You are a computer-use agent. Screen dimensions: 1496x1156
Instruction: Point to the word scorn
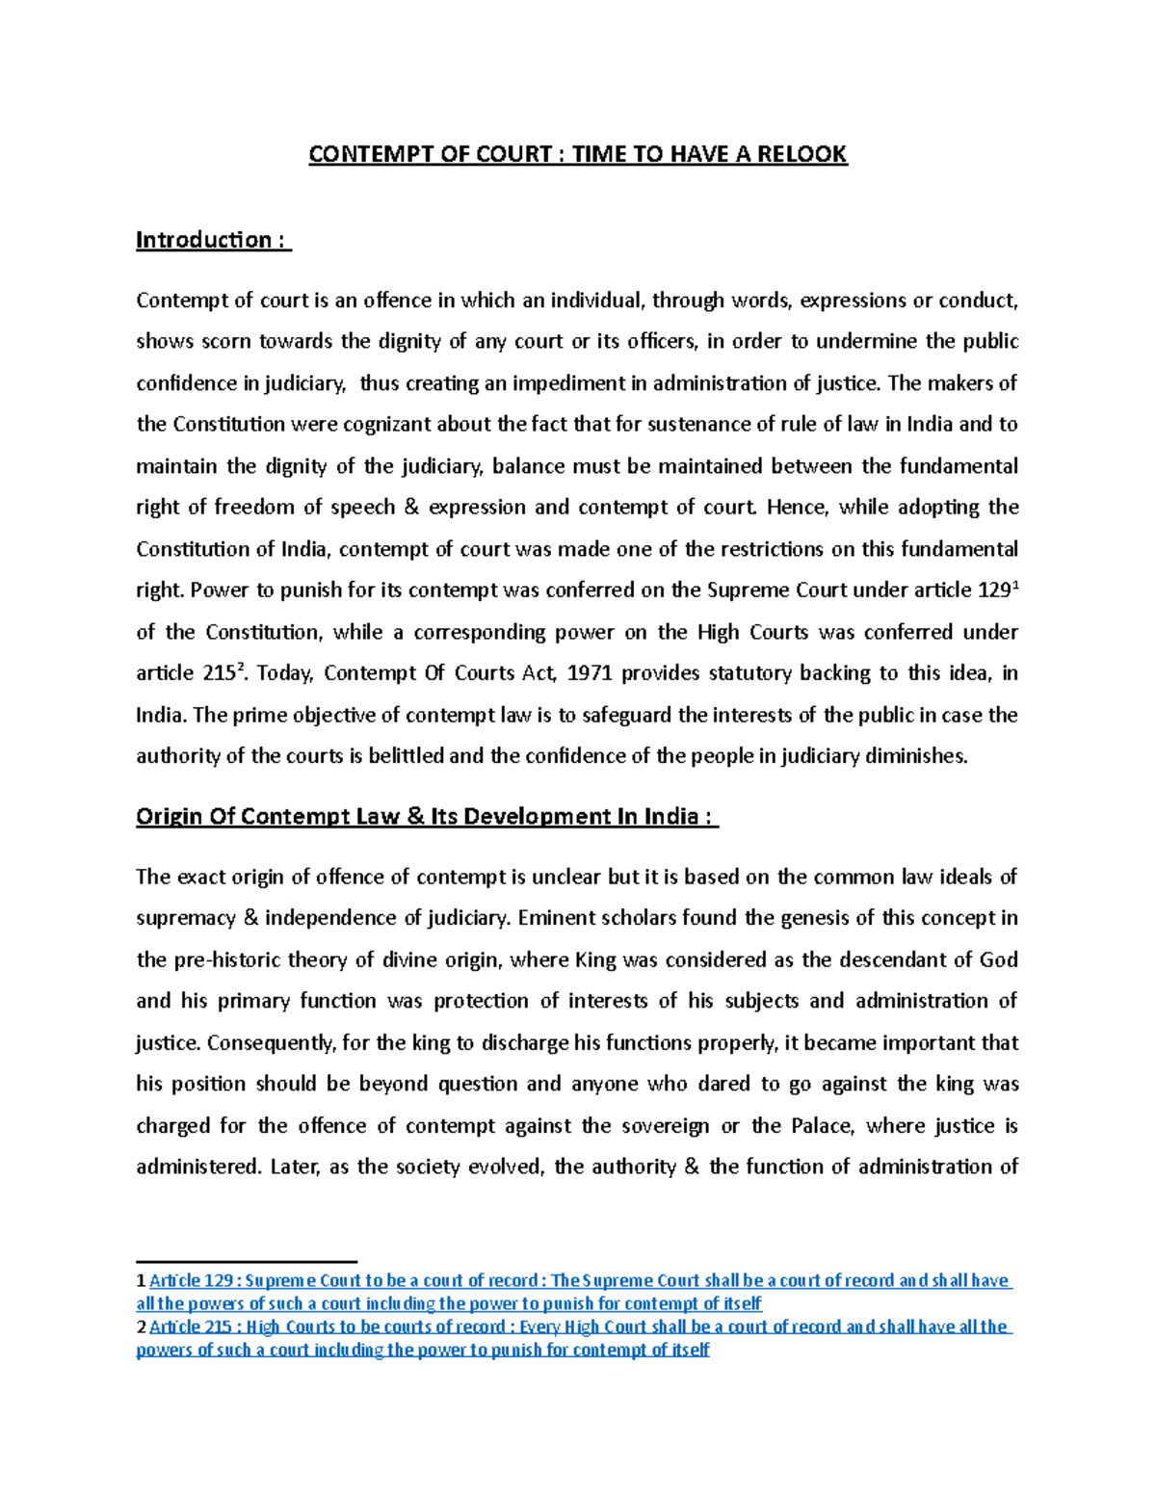(226, 342)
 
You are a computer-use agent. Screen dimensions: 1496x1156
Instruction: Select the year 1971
(591, 673)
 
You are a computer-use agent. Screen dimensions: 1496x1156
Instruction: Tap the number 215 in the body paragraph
(219, 673)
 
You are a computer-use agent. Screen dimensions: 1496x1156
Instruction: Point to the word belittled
(405, 756)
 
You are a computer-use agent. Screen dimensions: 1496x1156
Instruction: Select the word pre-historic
(231, 959)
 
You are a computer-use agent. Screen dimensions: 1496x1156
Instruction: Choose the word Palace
(822, 1126)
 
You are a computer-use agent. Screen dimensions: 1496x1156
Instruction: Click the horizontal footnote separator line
(247, 1261)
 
